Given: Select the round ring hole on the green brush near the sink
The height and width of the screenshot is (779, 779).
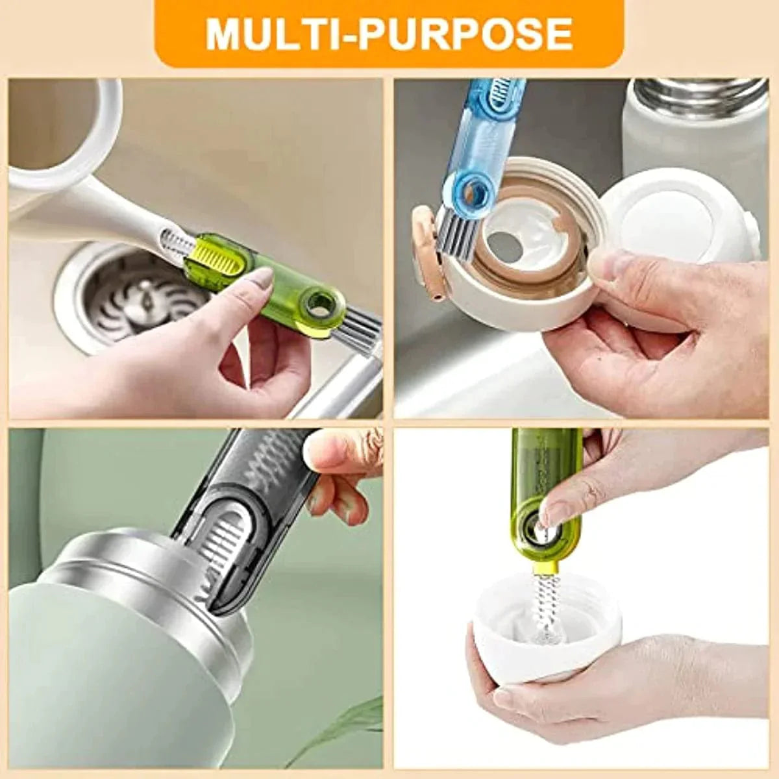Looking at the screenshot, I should pyautogui.click(x=319, y=303).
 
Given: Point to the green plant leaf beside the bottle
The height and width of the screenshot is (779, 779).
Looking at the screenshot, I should pyautogui.click(x=351, y=727).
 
